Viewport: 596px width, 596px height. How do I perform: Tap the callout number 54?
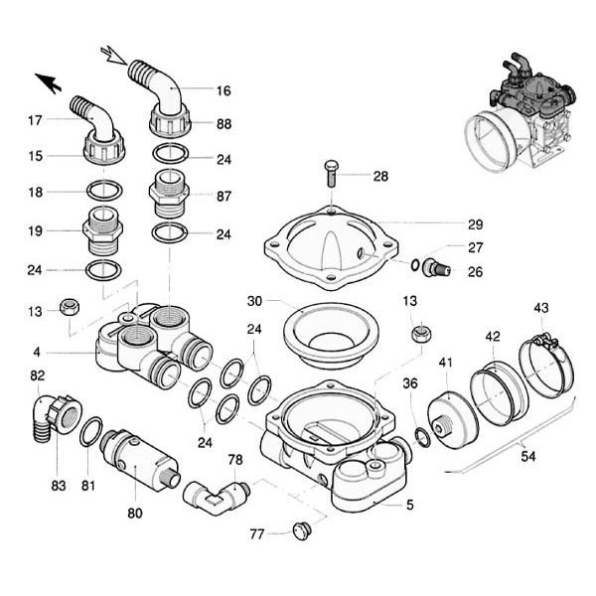[x=526, y=455]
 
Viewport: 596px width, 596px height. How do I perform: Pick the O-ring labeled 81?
[x=91, y=433]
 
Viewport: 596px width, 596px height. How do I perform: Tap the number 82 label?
[x=37, y=375]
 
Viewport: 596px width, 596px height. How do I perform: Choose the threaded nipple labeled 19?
[x=103, y=230]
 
